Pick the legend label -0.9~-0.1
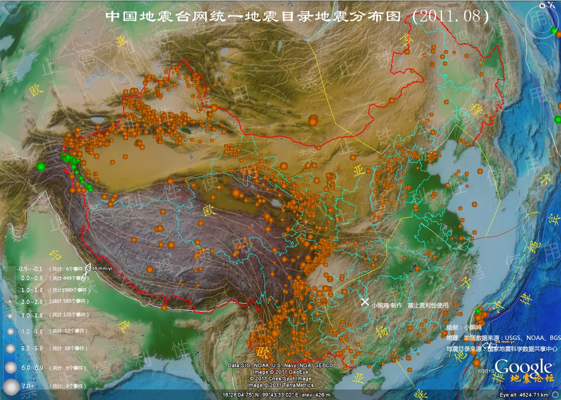[30, 269]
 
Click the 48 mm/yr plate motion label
[102, 268]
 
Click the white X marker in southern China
[365, 302]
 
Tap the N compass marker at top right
[543, 5]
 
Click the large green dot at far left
[41, 166]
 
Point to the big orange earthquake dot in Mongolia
[313, 120]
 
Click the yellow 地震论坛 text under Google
[532, 378]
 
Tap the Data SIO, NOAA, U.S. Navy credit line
[280, 365]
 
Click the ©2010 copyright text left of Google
[490, 370]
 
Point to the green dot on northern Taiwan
[478, 311]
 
